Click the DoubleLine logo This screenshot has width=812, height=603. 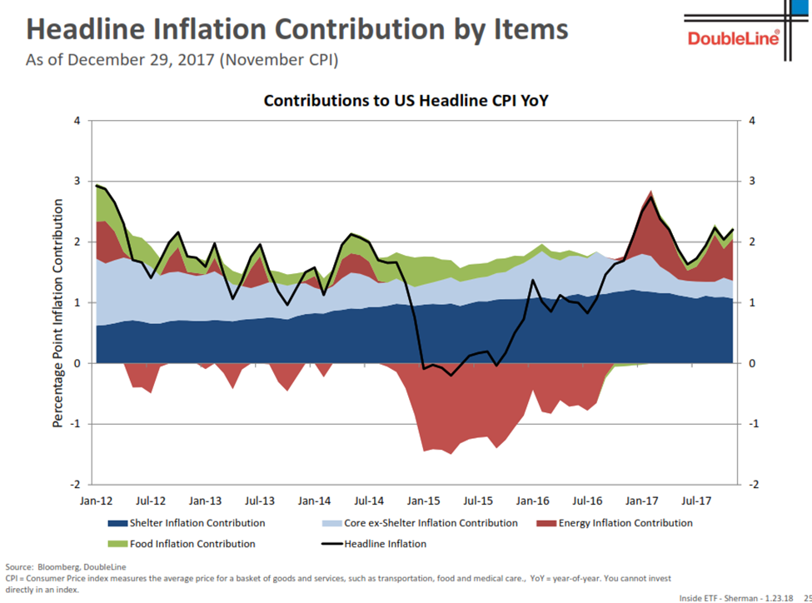[x=734, y=37]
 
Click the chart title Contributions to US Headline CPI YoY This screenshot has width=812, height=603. [x=406, y=101]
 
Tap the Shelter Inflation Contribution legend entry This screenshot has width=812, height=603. [x=187, y=523]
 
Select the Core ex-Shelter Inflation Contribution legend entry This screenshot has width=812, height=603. [x=419, y=523]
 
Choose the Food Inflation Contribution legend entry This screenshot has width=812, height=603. [x=182, y=544]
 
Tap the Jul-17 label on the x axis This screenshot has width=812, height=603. [x=696, y=501]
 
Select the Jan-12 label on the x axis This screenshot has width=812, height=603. [x=96, y=501]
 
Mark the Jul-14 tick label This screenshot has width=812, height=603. [x=369, y=501]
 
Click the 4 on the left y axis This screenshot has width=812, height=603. [x=77, y=121]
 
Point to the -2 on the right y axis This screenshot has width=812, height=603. [x=754, y=485]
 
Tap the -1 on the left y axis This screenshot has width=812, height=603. [x=75, y=424]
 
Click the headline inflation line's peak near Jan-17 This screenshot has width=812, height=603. [x=650, y=197]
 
